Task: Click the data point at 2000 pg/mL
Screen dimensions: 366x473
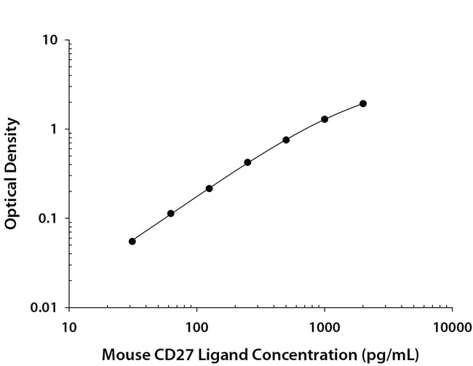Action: (363, 103)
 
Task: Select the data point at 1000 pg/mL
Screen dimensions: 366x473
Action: (325, 119)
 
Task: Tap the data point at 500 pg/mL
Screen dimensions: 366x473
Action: (286, 140)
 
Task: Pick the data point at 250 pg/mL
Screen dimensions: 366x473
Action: (247, 162)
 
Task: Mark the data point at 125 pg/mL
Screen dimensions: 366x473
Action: (209, 188)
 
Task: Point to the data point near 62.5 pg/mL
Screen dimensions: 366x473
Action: (171, 213)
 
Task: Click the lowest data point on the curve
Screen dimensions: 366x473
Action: (132, 241)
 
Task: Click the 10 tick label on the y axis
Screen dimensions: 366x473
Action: (50, 40)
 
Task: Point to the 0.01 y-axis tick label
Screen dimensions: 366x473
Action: (45, 307)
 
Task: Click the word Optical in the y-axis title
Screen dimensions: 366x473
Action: (11, 205)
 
